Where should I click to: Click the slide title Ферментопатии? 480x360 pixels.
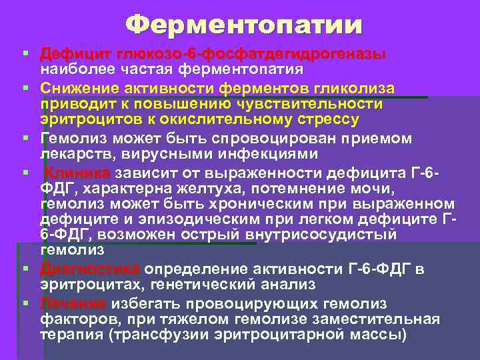click(245, 25)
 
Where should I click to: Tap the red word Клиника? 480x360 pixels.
click(74, 173)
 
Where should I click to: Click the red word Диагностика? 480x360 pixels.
click(89, 269)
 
